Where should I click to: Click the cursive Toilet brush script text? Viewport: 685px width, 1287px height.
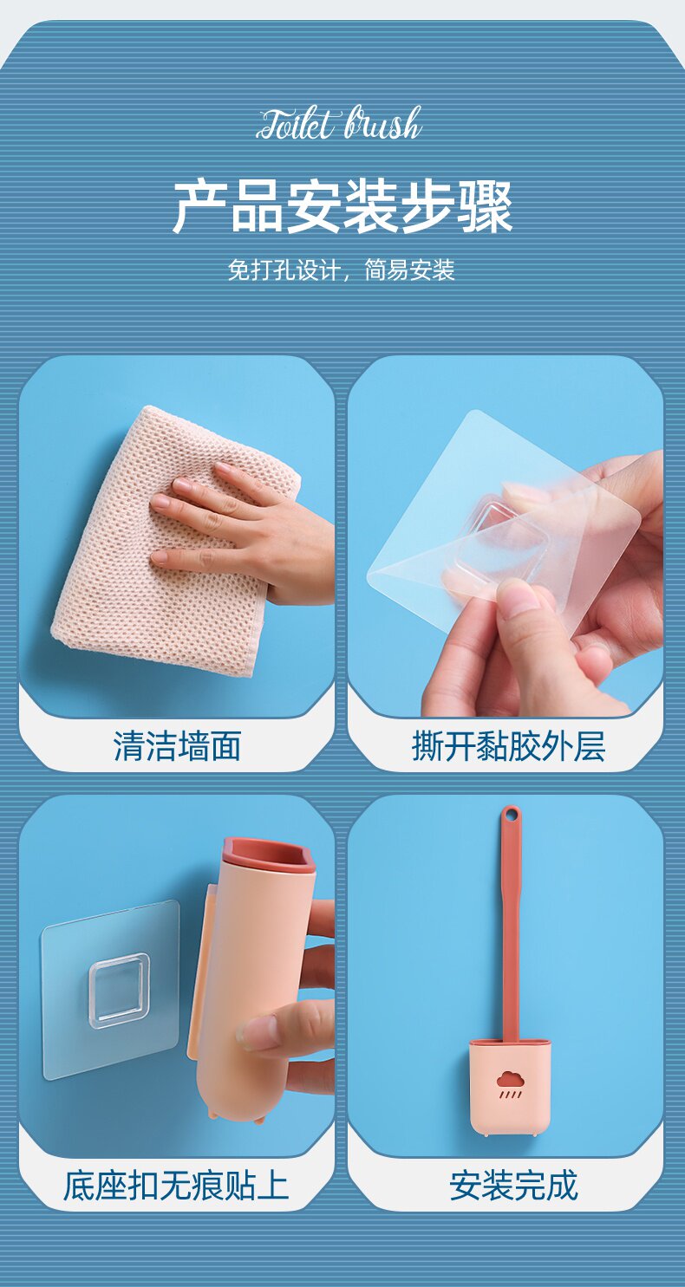tap(339, 124)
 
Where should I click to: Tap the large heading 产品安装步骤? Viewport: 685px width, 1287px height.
tap(342, 207)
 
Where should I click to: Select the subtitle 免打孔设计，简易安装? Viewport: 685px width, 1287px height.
tap(342, 270)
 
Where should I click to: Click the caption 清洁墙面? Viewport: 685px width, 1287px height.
tap(177, 746)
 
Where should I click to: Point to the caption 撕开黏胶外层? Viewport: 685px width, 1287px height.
tap(509, 746)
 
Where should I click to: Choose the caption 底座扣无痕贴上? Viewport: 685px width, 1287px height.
tap(176, 1185)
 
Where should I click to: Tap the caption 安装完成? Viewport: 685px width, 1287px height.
tap(513, 1185)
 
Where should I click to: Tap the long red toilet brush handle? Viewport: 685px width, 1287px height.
tap(510, 925)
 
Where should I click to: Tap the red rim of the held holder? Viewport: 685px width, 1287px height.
tap(269, 855)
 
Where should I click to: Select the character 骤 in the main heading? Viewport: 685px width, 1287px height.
tap(486, 207)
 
